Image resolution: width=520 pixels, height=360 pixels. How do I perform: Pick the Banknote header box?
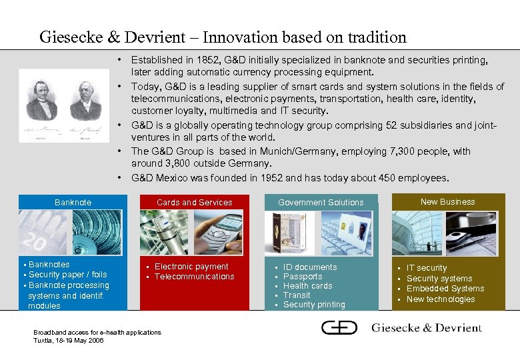73,202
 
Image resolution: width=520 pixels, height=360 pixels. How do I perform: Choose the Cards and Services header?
194,202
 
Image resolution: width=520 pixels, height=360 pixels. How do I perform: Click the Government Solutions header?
321,202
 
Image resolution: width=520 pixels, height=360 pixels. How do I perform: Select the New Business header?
448,201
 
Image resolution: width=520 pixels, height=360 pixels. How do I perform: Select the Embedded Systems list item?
445,289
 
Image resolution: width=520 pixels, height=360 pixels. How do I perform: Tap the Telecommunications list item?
194,276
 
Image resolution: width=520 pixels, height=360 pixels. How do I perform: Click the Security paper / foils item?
67,275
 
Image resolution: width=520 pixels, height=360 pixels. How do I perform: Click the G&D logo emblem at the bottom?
339,327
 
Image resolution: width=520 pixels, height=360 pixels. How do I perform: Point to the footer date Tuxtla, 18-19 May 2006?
69,340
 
